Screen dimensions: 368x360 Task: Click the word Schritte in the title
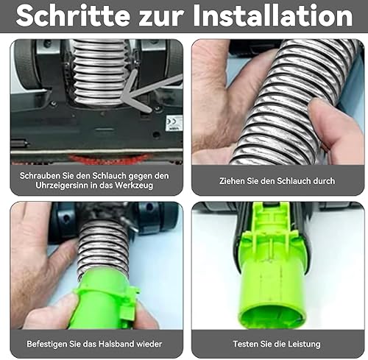click(73, 16)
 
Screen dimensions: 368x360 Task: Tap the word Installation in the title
click(273, 16)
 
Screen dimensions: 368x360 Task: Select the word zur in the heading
click(161, 18)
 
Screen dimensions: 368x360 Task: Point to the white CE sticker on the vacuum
click(174, 123)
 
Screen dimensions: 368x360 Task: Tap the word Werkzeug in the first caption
click(134, 186)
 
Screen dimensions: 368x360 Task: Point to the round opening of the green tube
click(272, 317)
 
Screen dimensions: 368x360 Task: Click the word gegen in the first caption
click(141, 176)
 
